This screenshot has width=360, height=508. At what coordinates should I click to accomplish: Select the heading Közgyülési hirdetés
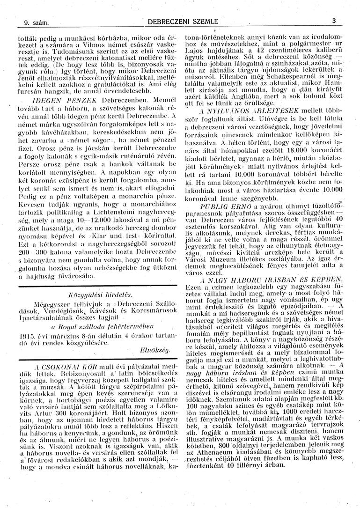[x=101, y=294]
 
